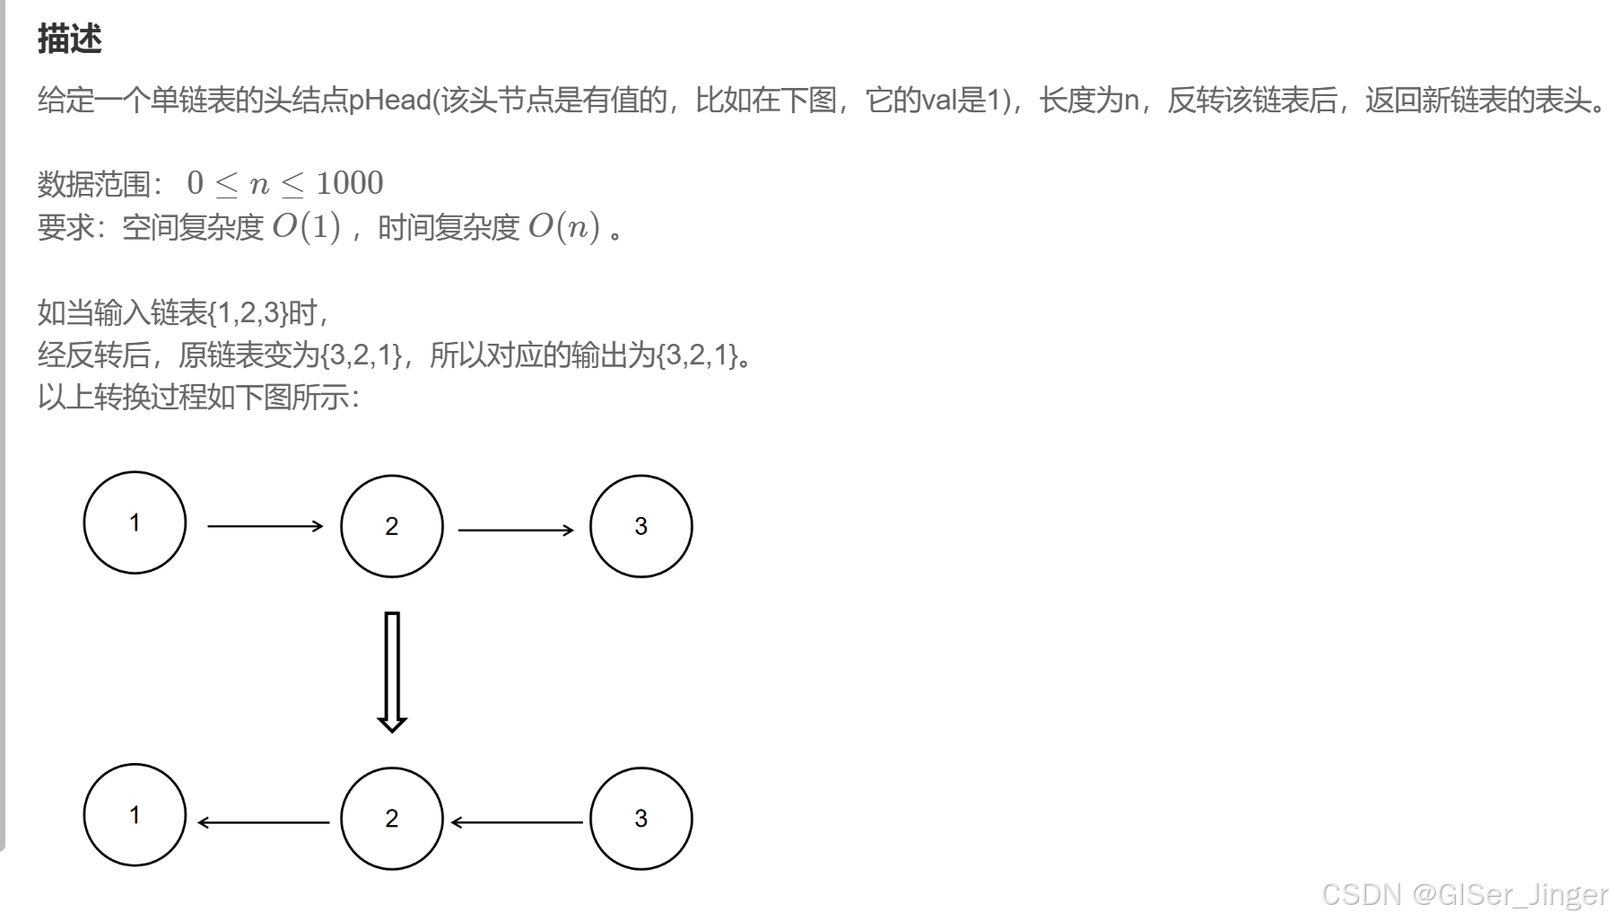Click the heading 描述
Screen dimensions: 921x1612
point(70,39)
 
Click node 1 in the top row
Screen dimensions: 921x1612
point(135,522)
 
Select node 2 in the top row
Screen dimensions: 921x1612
point(392,526)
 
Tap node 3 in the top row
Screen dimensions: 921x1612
point(640,526)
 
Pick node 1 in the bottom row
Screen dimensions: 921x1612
point(135,815)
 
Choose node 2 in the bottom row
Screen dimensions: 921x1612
point(392,819)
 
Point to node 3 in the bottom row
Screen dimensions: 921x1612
point(640,819)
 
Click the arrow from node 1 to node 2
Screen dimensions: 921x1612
point(265,526)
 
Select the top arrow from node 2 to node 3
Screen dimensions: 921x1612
point(516,530)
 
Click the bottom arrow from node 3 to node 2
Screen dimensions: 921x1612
point(517,822)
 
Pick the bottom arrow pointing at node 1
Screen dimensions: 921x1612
point(264,822)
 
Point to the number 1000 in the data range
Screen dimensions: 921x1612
point(349,183)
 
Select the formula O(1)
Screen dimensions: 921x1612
point(306,227)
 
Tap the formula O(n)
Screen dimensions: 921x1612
point(563,227)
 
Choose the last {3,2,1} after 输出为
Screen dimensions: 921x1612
point(698,355)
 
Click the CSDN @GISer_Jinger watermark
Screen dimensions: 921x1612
point(1464,894)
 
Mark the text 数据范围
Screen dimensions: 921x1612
point(93,184)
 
